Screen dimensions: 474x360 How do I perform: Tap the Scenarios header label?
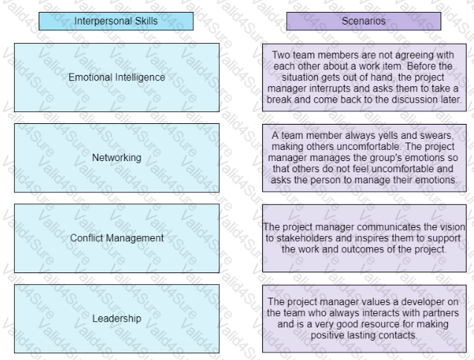click(x=363, y=21)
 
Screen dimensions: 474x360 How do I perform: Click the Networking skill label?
click(x=117, y=157)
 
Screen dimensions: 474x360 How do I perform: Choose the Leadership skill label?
click(x=117, y=318)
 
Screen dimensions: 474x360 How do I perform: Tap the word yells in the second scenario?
click(x=386, y=135)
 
